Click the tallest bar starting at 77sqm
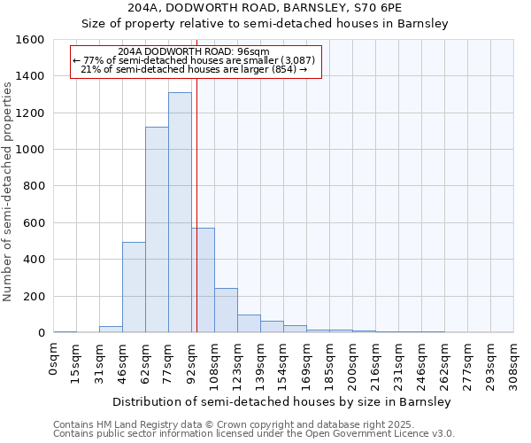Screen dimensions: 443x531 (x=180, y=213)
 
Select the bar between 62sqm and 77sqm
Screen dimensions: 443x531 (x=157, y=229)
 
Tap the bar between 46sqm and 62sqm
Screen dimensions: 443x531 (x=134, y=287)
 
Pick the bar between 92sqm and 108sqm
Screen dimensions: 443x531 (x=203, y=280)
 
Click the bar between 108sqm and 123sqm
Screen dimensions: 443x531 (x=226, y=310)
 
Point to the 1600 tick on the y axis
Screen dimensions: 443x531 (x=31, y=40)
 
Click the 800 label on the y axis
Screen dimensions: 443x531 (x=35, y=187)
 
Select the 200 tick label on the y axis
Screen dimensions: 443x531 (x=35, y=297)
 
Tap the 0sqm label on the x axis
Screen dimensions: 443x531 (x=54, y=359)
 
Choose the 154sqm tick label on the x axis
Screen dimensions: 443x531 (x=284, y=362)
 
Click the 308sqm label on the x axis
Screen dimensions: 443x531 (x=514, y=362)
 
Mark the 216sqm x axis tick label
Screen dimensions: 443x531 (x=376, y=362)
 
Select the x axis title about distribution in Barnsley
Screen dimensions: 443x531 (x=283, y=401)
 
